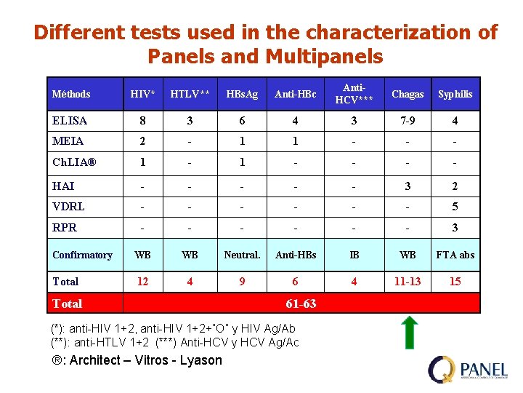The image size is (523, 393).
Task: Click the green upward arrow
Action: pyautogui.click(x=409, y=332)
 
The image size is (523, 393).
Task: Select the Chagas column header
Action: pyautogui.click(x=408, y=94)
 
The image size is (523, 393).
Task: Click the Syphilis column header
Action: pyautogui.click(x=455, y=94)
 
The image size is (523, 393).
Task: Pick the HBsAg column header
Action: pyautogui.click(x=242, y=94)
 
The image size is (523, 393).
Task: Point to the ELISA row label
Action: pyautogui.click(x=70, y=121)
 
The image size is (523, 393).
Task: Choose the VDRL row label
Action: pyautogui.click(x=68, y=207)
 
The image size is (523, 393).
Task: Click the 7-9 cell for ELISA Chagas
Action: pyautogui.click(x=408, y=121)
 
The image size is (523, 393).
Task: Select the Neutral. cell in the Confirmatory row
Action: pyautogui.click(x=242, y=255)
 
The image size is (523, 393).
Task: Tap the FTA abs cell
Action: pyautogui.click(x=455, y=255)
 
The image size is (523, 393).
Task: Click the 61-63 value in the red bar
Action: pyautogui.click(x=301, y=303)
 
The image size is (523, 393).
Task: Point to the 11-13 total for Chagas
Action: pyautogui.click(x=408, y=282)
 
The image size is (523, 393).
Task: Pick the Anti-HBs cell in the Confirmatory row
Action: pyautogui.click(x=296, y=255)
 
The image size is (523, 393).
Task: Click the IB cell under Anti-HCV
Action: pyautogui.click(x=354, y=255)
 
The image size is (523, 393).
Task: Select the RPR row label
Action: pyautogui.click(x=65, y=228)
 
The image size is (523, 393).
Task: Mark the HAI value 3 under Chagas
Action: pyautogui.click(x=408, y=186)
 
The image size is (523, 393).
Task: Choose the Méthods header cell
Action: pyautogui.click(x=71, y=94)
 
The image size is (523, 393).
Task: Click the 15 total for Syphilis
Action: pyautogui.click(x=455, y=282)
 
